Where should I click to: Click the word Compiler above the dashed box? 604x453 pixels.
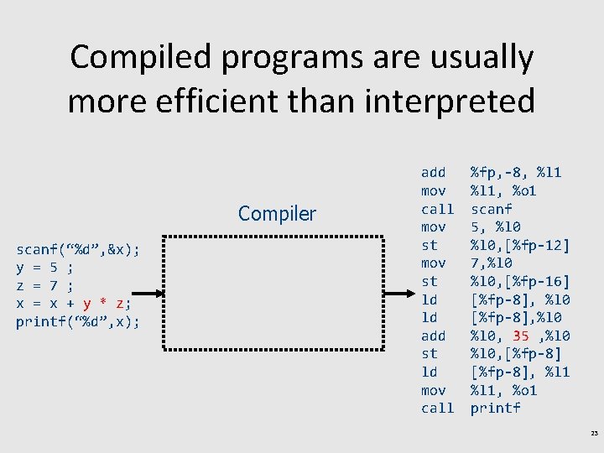(x=277, y=214)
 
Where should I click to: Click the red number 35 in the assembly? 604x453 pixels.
(x=522, y=336)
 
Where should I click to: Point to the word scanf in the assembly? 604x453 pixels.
(x=492, y=209)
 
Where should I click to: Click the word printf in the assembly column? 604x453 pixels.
(x=495, y=409)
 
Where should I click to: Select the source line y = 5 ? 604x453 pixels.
(x=44, y=268)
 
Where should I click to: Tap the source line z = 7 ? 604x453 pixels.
(x=44, y=286)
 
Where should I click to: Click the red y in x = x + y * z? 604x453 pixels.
(x=87, y=304)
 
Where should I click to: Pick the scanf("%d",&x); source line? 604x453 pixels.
(x=77, y=249)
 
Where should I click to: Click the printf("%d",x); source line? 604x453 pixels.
(x=77, y=322)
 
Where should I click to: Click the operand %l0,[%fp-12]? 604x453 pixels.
(x=520, y=245)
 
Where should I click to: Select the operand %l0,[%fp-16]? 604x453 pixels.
(x=520, y=281)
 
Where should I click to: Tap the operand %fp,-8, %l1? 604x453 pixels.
(x=516, y=173)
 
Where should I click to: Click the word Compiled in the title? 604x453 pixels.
(x=135, y=57)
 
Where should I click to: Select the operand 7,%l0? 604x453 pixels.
(x=494, y=263)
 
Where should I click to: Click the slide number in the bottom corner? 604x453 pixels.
(x=593, y=434)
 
